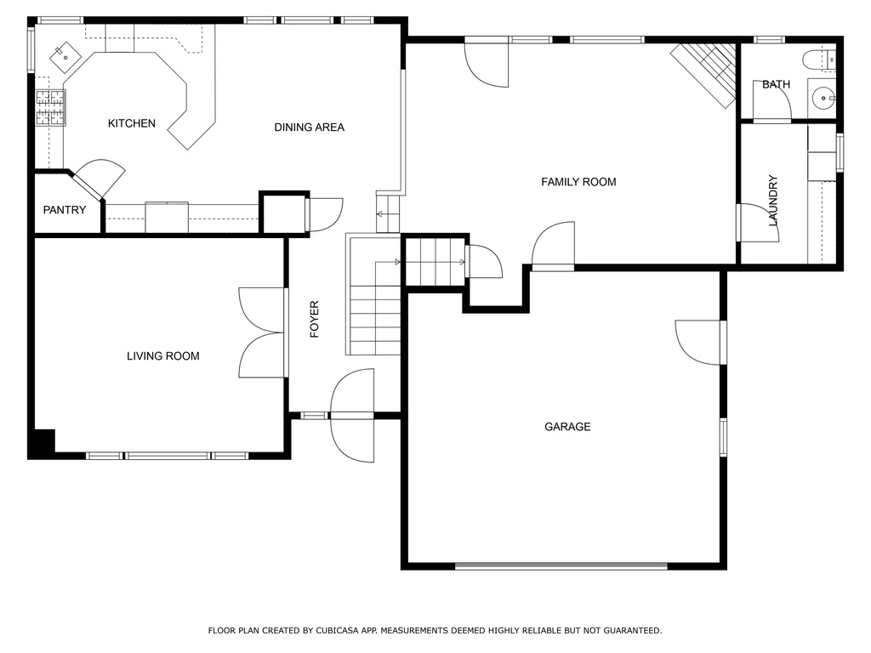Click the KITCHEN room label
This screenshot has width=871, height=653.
(x=132, y=123)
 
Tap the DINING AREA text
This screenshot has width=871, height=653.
(x=310, y=128)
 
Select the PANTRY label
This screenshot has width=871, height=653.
(x=65, y=210)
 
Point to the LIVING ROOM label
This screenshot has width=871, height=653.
(x=162, y=356)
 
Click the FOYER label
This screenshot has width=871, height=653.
(x=315, y=320)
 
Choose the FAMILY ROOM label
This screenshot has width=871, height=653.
(x=578, y=182)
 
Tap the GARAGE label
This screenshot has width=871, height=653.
(x=567, y=427)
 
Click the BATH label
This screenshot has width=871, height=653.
(x=776, y=84)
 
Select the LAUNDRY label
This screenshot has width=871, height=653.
(x=772, y=201)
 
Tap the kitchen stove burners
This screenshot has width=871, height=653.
(x=50, y=108)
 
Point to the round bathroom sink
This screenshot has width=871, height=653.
(x=823, y=99)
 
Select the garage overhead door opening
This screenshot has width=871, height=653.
(x=561, y=565)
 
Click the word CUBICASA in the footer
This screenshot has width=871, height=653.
(x=338, y=630)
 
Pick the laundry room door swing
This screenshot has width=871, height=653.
(x=758, y=223)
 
